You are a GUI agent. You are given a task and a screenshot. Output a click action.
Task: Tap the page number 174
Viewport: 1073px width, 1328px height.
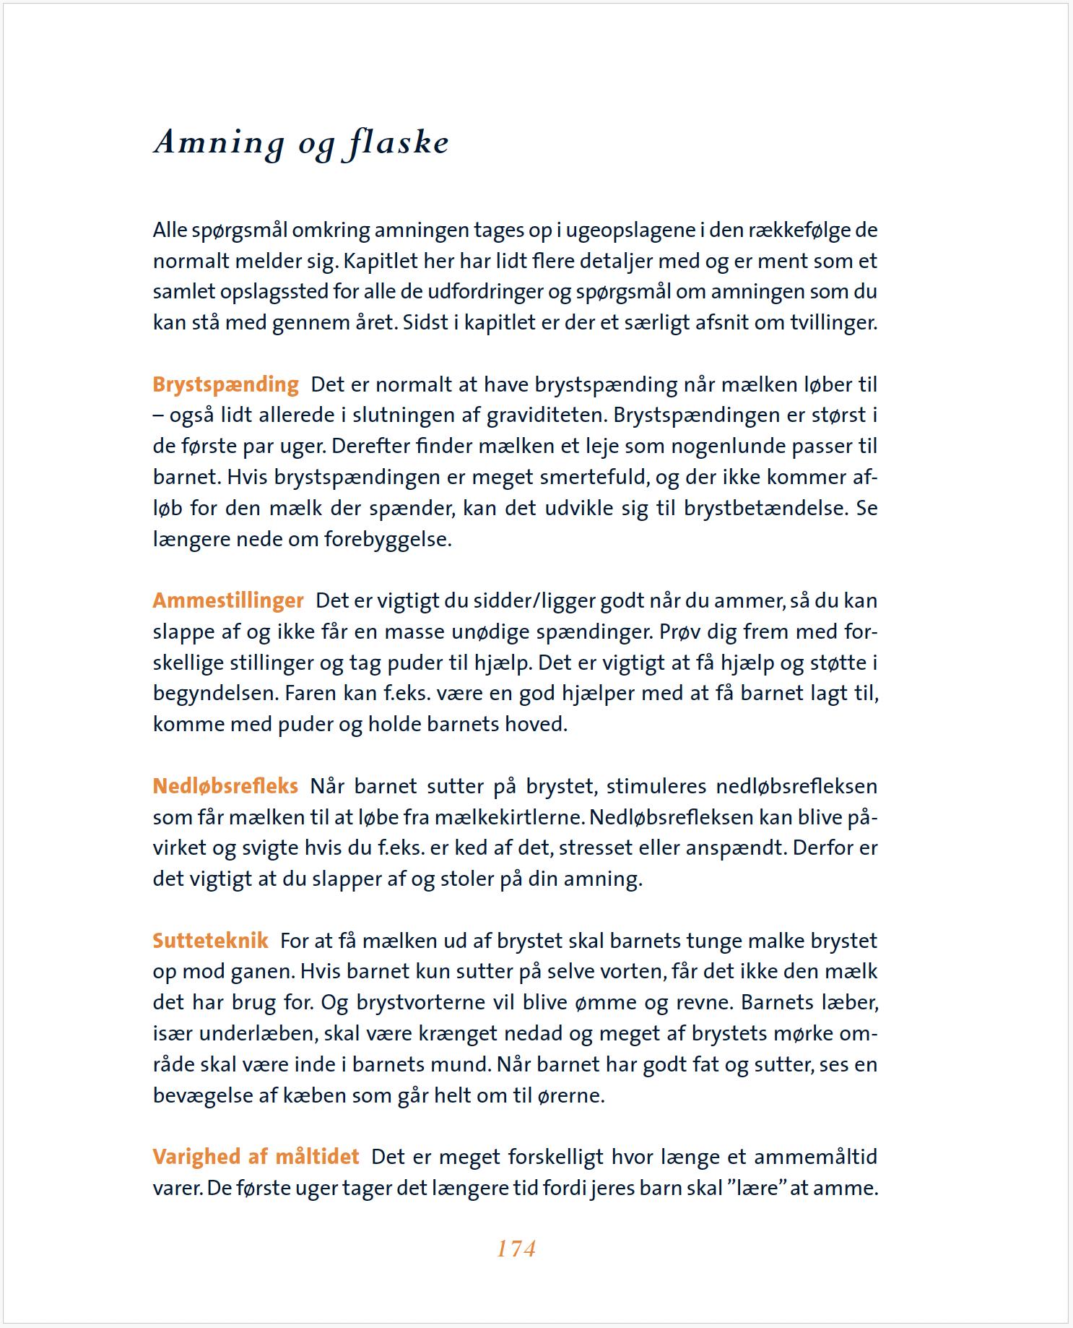point(516,1249)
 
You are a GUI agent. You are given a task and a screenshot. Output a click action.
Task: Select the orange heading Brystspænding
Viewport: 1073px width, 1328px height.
point(225,384)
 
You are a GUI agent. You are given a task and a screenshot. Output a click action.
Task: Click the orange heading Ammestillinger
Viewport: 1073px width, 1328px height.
point(228,600)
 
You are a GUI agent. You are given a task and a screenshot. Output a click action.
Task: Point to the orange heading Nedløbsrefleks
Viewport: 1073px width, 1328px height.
point(225,786)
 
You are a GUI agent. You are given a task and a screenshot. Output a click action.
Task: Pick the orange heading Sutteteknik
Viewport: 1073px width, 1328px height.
point(210,941)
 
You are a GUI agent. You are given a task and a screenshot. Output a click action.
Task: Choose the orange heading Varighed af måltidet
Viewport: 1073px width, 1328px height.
point(256,1157)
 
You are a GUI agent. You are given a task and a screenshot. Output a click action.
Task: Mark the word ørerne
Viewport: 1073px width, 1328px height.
point(570,1095)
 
